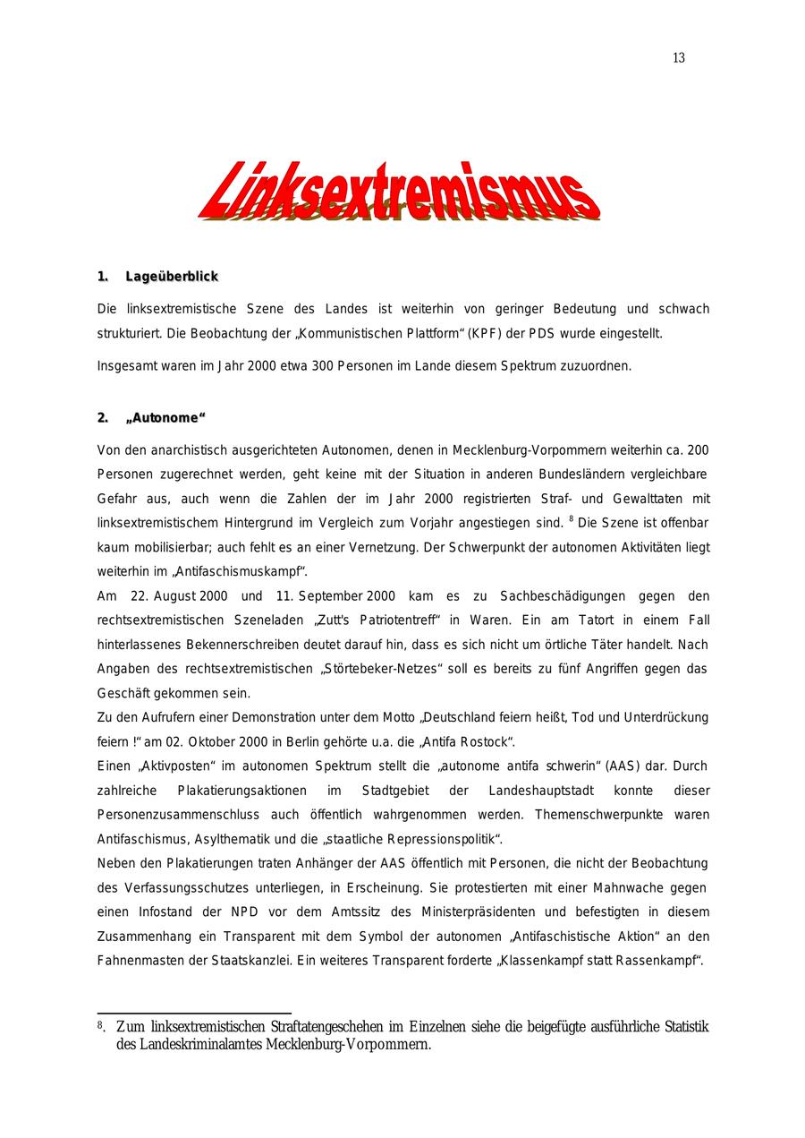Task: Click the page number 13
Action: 679,58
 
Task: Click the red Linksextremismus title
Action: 399,191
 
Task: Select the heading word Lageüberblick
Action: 172,277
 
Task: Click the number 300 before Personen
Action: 323,366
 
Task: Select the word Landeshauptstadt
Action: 536,791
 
